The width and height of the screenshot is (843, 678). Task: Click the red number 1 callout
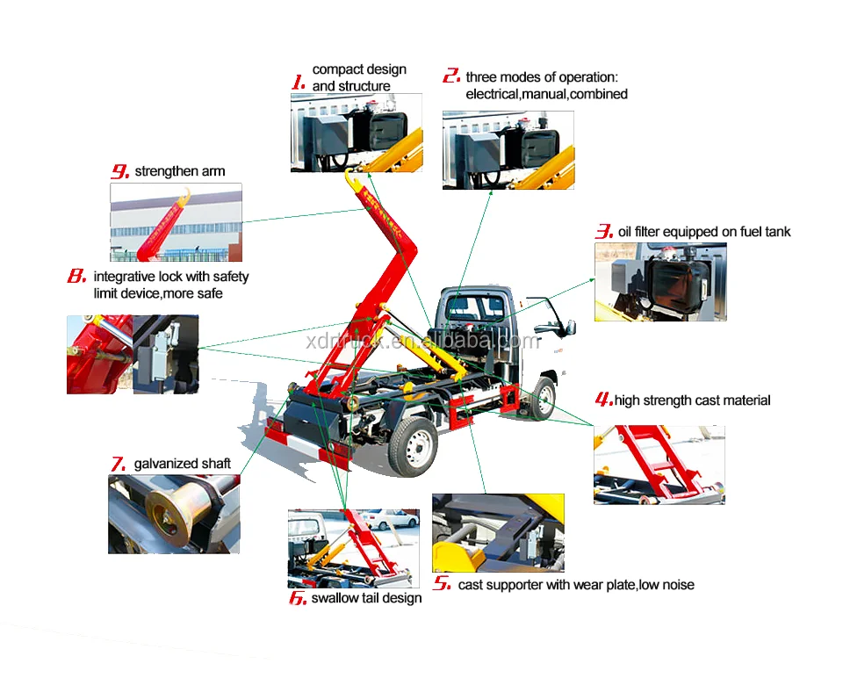coord(299,83)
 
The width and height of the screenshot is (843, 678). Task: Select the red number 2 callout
coord(451,76)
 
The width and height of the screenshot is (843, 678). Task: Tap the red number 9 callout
coord(120,171)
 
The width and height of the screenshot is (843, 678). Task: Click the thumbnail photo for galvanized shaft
coord(174,514)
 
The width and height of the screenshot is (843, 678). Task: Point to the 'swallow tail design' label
coord(366,598)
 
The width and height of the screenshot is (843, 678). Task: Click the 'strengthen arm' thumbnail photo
coord(177,222)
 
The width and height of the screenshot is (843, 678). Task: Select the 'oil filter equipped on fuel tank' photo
coord(660,282)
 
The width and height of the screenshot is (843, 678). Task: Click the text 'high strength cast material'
coord(693,400)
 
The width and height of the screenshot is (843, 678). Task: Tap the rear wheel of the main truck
coord(413,446)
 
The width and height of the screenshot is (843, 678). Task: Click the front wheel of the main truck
coord(544,399)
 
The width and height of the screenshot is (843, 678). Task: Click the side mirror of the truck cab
coord(570,328)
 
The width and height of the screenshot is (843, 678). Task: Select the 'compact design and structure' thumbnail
coord(357,133)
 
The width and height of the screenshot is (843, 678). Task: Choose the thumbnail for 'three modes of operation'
coord(508,150)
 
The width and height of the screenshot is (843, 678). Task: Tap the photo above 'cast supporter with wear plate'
coord(499,533)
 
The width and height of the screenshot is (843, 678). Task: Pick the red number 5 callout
coord(442,583)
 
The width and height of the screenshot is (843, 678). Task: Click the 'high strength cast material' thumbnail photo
coord(659,465)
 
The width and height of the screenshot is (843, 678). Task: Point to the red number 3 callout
coord(604,231)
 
